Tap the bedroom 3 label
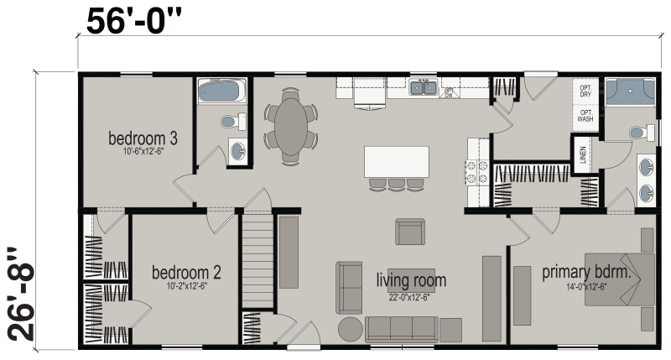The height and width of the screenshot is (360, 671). [141, 138]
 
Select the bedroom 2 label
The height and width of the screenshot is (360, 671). [186, 273]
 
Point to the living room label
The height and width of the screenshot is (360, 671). [411, 279]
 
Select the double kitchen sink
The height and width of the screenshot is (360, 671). [423, 86]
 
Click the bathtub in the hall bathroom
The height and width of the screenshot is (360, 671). [221, 91]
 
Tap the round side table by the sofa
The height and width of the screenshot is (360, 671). [349, 329]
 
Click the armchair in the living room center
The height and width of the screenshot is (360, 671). [410, 232]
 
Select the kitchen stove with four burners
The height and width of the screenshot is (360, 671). [477, 172]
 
